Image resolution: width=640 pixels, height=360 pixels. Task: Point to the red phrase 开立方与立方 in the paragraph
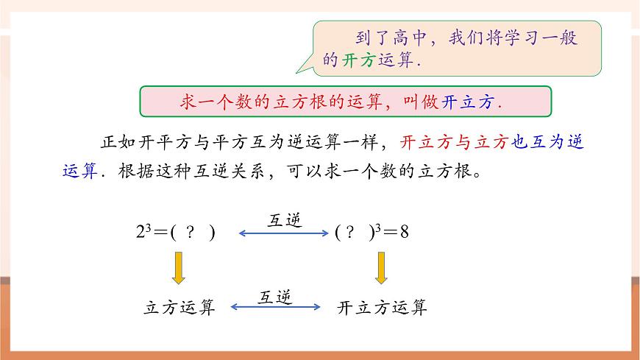click(453, 142)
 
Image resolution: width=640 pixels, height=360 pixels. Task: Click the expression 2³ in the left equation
click(143, 233)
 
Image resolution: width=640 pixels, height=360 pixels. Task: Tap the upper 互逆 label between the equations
click(283, 219)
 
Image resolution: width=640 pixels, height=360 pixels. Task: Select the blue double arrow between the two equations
click(284, 233)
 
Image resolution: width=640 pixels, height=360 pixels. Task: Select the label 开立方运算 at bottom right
click(382, 308)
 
